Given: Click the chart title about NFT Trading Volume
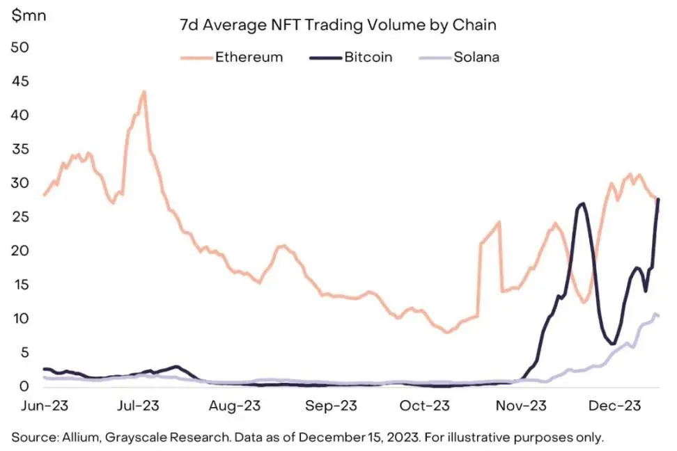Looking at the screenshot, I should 339,26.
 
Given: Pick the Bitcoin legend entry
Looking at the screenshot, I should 368,57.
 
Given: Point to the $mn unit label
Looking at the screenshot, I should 27,14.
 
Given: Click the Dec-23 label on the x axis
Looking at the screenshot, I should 616,406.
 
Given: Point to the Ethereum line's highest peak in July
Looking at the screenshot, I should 143,91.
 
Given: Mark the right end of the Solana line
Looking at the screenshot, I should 658,317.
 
